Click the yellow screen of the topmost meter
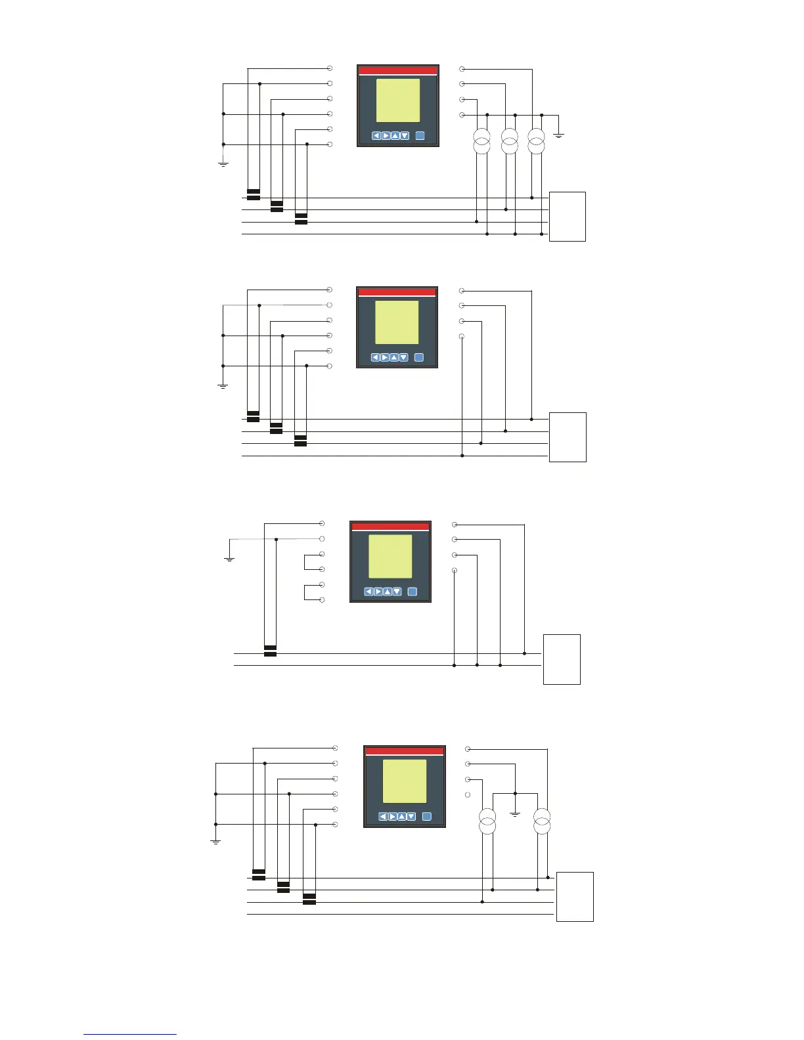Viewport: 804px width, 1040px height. tap(397, 100)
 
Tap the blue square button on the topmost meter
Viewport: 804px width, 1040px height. tap(420, 136)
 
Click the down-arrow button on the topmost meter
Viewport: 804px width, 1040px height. tap(405, 136)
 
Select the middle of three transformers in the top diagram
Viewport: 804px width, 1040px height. tap(510, 142)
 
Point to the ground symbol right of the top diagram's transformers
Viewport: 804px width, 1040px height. tap(559, 135)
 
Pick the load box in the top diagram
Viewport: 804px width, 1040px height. tap(568, 217)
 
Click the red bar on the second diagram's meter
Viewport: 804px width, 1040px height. tap(397, 292)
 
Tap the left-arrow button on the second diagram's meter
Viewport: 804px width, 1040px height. tap(375, 358)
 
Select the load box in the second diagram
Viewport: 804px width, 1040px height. tap(568, 437)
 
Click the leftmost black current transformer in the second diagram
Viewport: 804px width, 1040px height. tap(253, 416)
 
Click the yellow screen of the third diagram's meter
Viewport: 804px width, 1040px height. tap(390, 556)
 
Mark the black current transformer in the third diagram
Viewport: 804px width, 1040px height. tap(270, 651)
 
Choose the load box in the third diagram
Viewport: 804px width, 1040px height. tap(562, 659)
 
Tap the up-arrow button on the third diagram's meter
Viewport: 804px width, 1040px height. tap(388, 592)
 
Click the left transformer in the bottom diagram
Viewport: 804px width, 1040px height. tap(487, 822)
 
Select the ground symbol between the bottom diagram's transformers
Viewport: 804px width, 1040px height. tap(515, 814)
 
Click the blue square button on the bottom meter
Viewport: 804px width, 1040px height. tap(426, 817)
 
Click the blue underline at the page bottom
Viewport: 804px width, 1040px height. tap(130, 1035)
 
